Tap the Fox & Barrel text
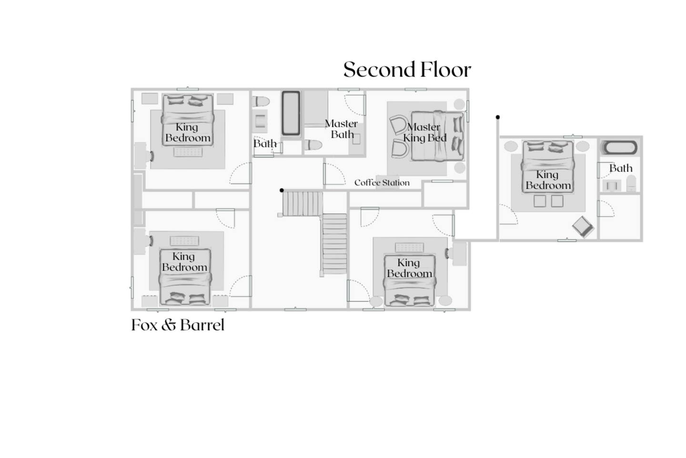(178, 325)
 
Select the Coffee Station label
(382, 183)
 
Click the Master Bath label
(341, 129)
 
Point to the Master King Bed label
(424, 133)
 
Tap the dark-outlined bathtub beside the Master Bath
(291, 113)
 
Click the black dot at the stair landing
(282, 190)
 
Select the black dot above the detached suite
(498, 117)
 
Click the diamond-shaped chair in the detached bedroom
(583, 227)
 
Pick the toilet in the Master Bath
(313, 145)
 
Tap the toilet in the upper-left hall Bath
(261, 101)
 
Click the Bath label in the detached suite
(621, 168)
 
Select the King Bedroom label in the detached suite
(548, 180)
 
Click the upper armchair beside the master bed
(399, 125)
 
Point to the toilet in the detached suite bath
(631, 183)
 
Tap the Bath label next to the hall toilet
(265, 144)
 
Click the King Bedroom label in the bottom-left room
(184, 262)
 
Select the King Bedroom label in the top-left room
(188, 133)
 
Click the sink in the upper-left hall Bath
(260, 121)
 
